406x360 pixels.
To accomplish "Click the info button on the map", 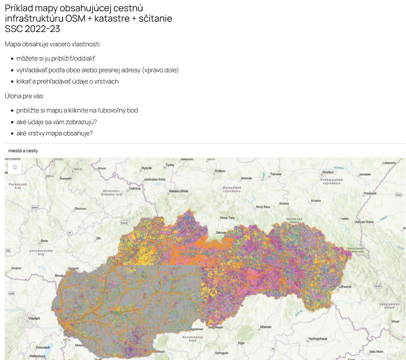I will pos(15,167).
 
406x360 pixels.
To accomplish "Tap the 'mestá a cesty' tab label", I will pos(23,151).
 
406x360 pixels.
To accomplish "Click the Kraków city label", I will pos(220,171).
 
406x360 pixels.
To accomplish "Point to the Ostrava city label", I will pos(135,189).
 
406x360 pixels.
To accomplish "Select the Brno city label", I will pos(44,241).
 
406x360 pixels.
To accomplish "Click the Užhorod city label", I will pos(345,286).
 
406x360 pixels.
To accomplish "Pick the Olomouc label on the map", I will pos(80,209).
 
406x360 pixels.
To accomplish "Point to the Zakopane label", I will pos(221,232).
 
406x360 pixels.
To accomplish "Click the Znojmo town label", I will pos(16,268).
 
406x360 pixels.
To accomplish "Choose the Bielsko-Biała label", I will pos(179,191).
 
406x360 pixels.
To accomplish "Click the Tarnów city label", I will pos(276,174).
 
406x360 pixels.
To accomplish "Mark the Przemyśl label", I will pos(371,193).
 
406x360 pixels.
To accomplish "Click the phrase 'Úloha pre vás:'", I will pos(25,96).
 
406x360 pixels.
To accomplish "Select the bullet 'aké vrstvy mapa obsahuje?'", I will pos(54,133).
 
